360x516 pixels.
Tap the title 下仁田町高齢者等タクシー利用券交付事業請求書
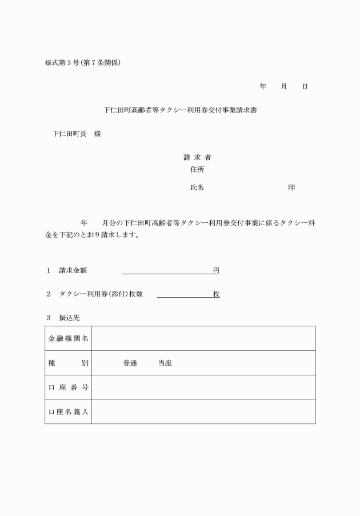(x=179, y=110)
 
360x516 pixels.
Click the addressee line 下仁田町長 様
(x=77, y=134)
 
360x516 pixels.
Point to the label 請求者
(x=197, y=157)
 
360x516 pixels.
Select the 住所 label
(x=197, y=169)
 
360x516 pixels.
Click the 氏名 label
(x=197, y=187)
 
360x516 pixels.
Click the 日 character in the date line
(x=305, y=86)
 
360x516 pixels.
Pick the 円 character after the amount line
(x=216, y=270)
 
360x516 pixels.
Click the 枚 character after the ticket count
(x=216, y=294)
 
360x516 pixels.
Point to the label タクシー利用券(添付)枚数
(x=101, y=294)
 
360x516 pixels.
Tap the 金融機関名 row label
(x=68, y=338)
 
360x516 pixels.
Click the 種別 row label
(x=68, y=363)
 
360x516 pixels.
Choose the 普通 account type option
(x=130, y=363)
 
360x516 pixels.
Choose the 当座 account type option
(x=165, y=363)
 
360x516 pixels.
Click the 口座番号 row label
(x=68, y=387)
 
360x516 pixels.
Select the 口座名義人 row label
(x=68, y=411)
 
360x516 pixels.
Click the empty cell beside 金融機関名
(x=203, y=338)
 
